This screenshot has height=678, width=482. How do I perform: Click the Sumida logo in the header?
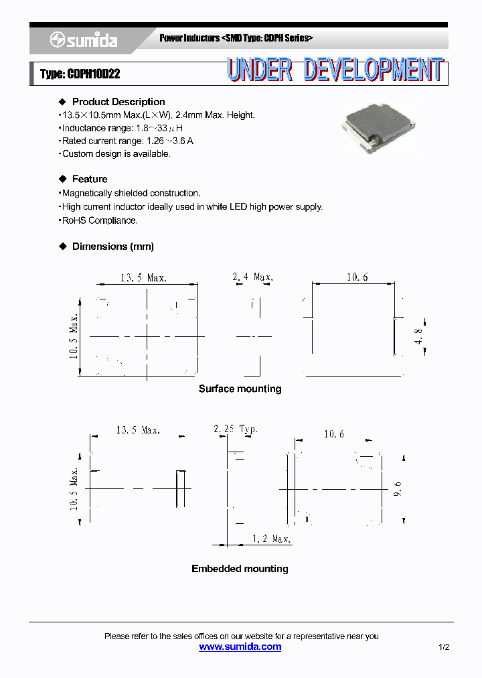click(x=84, y=41)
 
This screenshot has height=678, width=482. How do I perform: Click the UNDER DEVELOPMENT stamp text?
click(x=334, y=70)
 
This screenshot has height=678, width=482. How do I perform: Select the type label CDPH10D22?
click(x=80, y=74)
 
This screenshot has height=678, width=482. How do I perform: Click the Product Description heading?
click(x=118, y=102)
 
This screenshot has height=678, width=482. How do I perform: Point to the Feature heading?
click(x=90, y=179)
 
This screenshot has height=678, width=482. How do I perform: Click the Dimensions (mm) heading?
click(x=112, y=247)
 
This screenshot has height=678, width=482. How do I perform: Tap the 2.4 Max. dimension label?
click(x=252, y=277)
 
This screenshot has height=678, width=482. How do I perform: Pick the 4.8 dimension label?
click(x=418, y=336)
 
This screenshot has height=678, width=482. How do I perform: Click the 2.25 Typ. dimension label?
click(x=235, y=429)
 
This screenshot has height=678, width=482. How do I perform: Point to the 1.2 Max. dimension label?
click(x=272, y=539)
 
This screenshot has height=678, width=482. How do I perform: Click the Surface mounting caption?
click(x=240, y=389)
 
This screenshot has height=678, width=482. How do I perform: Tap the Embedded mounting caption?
click(x=240, y=569)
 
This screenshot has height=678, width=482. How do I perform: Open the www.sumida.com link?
click(x=240, y=647)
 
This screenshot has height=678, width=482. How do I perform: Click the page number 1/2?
click(x=444, y=647)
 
